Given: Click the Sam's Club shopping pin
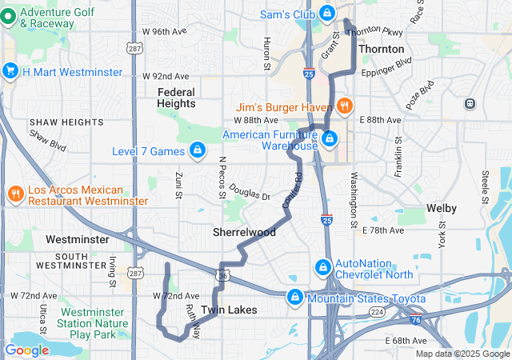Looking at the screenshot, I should [327, 14].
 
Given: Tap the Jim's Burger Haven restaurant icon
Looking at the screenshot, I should [345, 106].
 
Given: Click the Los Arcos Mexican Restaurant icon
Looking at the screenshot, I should [15, 194].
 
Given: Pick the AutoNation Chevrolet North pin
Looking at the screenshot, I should [323, 266].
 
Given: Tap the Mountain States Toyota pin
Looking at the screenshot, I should [294, 298].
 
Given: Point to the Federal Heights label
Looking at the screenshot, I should [176, 98].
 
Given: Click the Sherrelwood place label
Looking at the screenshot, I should [244, 232].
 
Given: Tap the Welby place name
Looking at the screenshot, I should [441, 208].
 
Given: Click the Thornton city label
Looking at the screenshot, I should [381, 49].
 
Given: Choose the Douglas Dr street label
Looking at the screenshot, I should [250, 191].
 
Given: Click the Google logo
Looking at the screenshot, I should [26, 350].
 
